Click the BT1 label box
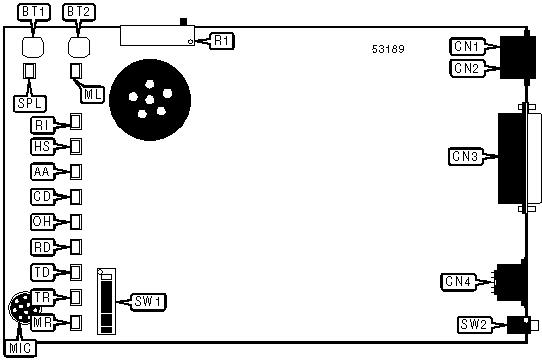[34, 12]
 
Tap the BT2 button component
[79, 47]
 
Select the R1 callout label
[222, 41]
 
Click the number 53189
[388, 49]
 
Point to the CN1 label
[467, 46]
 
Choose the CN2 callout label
[467, 68]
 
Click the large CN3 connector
[518, 157]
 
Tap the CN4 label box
[458, 282]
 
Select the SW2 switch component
[522, 325]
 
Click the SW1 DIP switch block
[106, 302]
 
